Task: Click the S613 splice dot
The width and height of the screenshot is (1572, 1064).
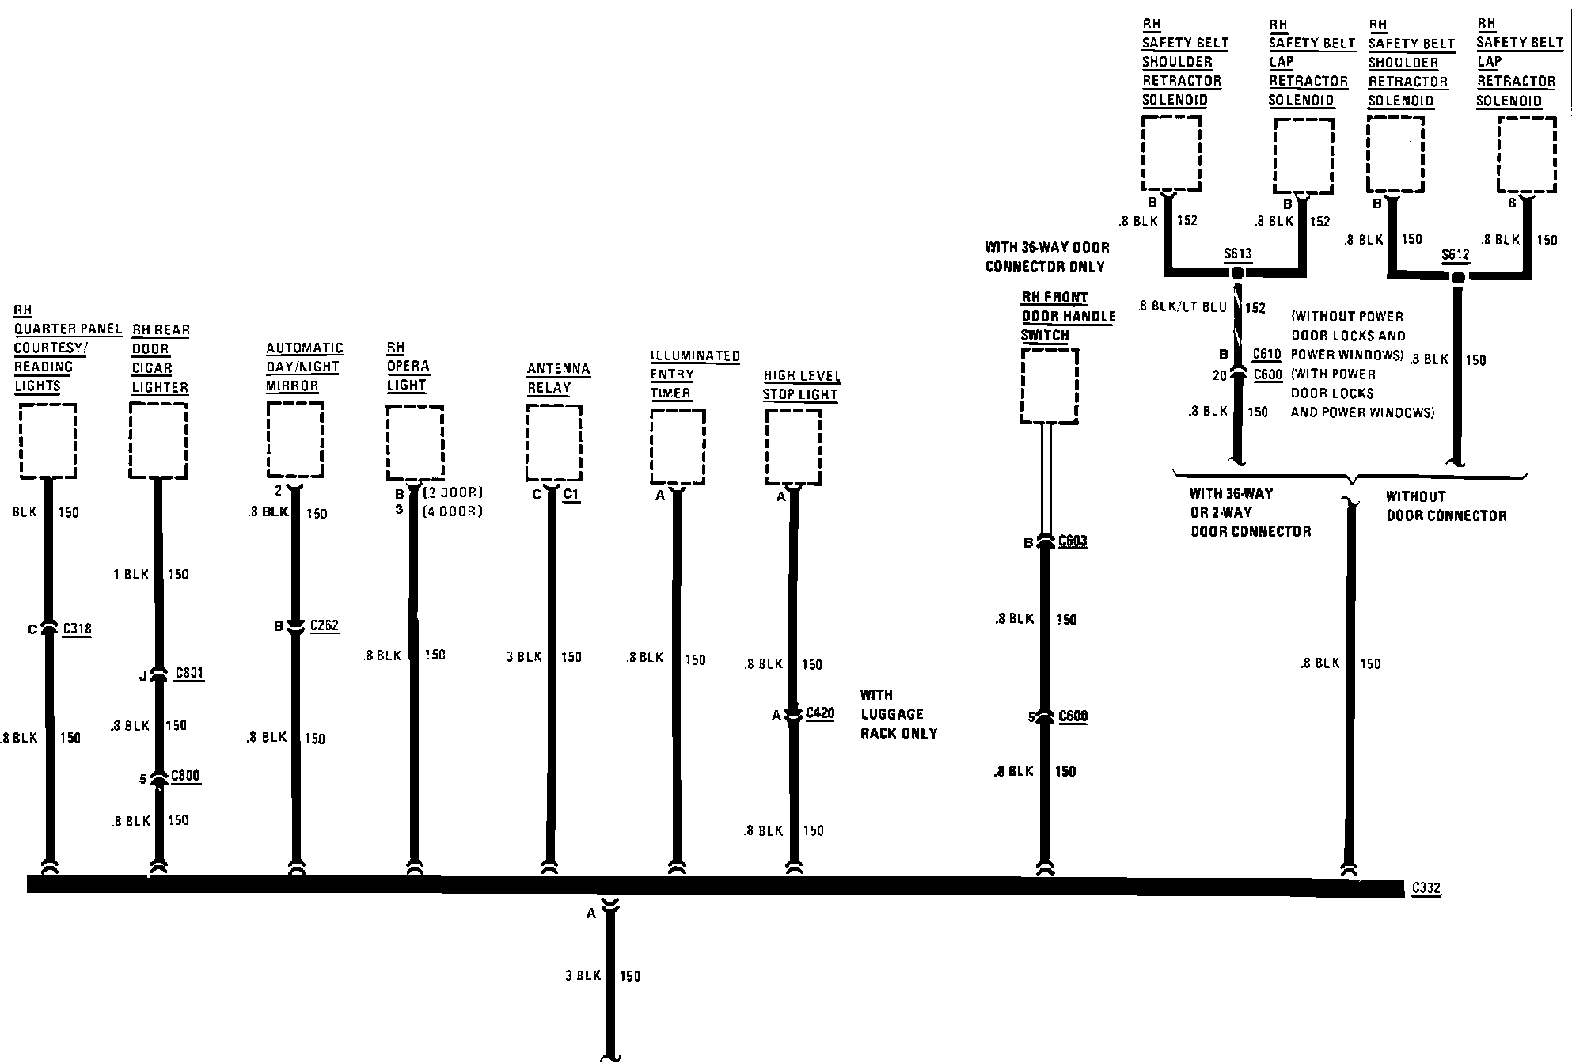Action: (1238, 273)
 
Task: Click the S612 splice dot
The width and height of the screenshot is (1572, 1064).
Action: (1456, 277)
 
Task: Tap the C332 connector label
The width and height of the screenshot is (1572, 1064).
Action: (1426, 888)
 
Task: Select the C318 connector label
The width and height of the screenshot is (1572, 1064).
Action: (77, 629)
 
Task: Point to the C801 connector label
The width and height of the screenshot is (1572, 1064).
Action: (189, 673)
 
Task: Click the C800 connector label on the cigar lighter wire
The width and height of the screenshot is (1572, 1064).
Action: (185, 775)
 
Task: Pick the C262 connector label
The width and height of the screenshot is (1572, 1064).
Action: (325, 625)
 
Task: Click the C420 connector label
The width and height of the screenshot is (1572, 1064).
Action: (819, 713)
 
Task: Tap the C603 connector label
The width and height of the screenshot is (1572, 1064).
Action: (1073, 541)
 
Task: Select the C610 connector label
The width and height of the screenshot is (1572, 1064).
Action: (1266, 354)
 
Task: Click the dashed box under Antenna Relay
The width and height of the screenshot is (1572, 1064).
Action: (554, 443)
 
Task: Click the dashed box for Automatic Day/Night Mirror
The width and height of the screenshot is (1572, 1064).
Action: (295, 439)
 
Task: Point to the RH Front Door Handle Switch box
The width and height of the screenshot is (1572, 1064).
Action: (1050, 386)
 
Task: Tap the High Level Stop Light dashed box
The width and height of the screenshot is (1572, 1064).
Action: (793, 447)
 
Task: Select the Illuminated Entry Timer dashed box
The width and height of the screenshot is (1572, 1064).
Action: (678, 446)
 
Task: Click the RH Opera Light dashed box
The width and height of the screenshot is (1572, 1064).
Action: (415, 443)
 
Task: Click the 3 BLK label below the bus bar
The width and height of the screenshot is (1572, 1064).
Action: (583, 975)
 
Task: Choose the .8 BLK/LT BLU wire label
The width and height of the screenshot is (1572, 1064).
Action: (1183, 306)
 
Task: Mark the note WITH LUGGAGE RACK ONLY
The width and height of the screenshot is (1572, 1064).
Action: (898, 714)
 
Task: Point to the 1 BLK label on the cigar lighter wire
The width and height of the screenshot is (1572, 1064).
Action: (131, 574)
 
